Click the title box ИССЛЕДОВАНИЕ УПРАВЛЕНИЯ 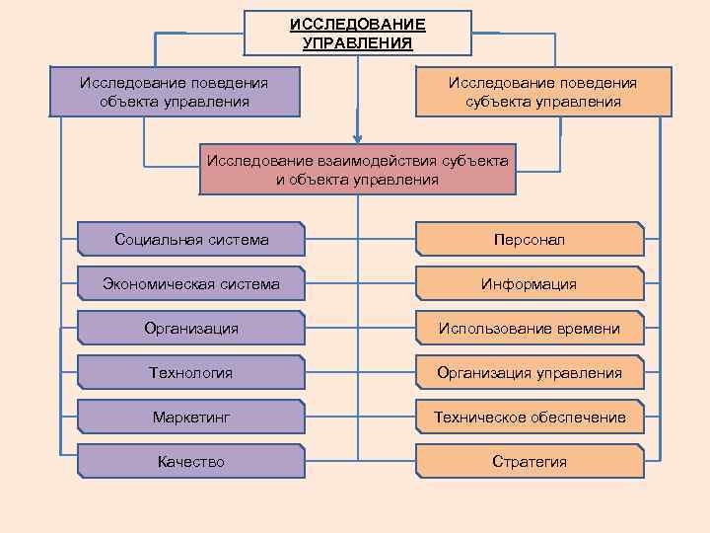pos(357,33)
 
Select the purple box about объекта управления pos(174,92)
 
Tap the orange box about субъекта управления pos(542,92)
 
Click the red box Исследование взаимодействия pos(357,170)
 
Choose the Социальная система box pos(191,240)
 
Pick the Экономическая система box pos(191,284)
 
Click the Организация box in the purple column pos(191,328)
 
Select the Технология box pos(191,372)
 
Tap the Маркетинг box pos(191,417)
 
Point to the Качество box pos(191,461)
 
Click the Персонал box pos(530,240)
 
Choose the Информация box pos(530,284)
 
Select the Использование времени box pos(530,328)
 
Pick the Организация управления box pos(530,372)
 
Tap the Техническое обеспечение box pos(530,417)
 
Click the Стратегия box pos(530,461)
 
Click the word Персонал pos(530,240)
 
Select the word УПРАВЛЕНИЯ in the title pos(357,42)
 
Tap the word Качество pos(191,461)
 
